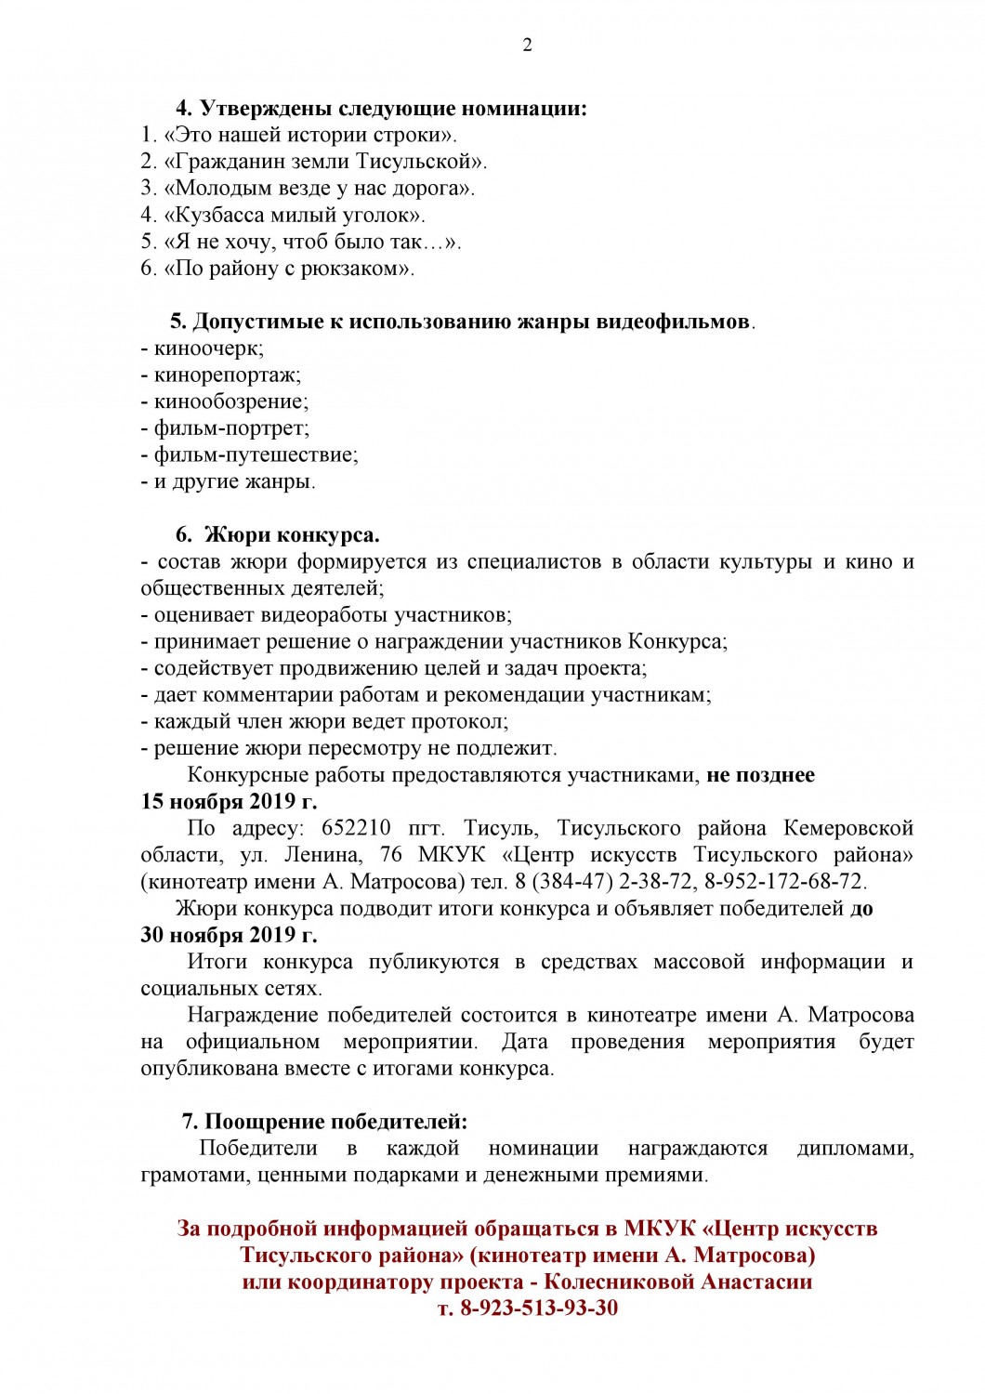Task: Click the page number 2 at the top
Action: click(x=527, y=46)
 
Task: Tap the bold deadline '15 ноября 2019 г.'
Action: click(x=229, y=801)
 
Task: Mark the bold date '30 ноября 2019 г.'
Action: click(x=229, y=935)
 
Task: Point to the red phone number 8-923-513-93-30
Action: click(x=527, y=1309)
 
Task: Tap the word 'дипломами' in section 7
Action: click(x=855, y=1149)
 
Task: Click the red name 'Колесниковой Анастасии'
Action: click(x=677, y=1282)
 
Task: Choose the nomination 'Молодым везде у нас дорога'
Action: click(x=308, y=189)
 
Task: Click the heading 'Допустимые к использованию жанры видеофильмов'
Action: click(x=461, y=322)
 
